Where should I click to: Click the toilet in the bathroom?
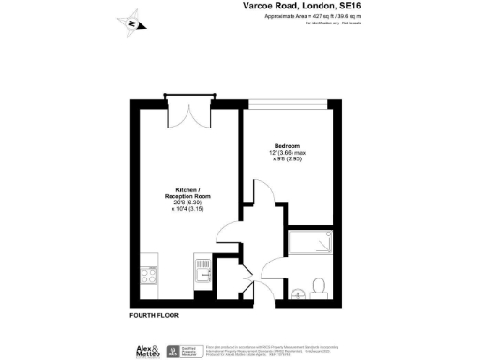pos(319,283)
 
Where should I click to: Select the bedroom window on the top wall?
pos(292,100)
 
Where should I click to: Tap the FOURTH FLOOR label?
pos(154,315)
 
